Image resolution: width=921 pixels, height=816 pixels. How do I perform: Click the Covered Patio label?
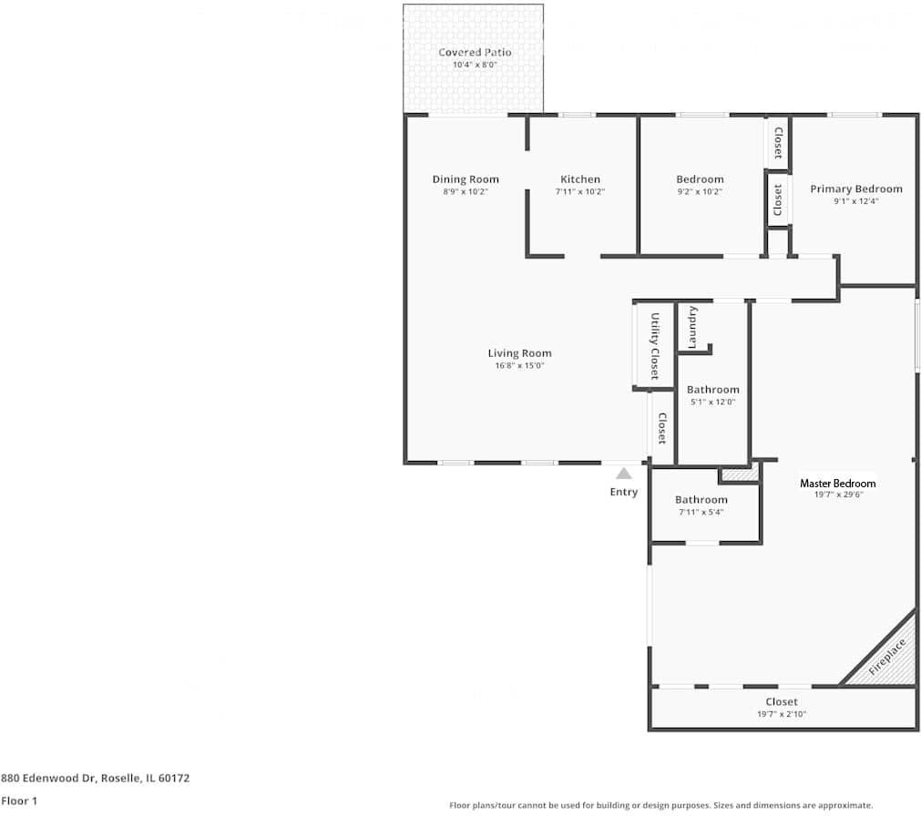click(475, 53)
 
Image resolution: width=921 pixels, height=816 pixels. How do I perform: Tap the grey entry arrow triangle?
click(624, 473)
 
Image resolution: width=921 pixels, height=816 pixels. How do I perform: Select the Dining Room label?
click(466, 179)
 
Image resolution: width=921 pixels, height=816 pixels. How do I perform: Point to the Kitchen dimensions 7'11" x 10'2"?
click(580, 192)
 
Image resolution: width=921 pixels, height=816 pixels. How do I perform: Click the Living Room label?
click(519, 353)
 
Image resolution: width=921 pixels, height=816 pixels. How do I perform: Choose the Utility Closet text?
click(654, 346)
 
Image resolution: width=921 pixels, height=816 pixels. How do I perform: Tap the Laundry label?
click(693, 327)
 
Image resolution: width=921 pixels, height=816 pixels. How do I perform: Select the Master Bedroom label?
click(837, 484)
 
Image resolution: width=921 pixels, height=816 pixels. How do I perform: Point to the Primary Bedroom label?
click(856, 189)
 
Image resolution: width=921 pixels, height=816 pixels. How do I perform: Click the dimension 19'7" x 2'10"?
click(782, 714)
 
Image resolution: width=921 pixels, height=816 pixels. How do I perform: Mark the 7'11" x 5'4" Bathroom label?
click(701, 500)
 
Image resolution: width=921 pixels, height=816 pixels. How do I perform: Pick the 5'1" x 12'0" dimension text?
click(712, 402)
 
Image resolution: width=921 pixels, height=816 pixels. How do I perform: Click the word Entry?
click(624, 492)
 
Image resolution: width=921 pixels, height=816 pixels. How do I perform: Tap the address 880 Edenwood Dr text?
click(96, 779)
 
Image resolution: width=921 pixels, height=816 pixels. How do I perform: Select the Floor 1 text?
click(19, 801)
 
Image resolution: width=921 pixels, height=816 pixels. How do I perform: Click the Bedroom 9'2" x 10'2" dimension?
click(700, 192)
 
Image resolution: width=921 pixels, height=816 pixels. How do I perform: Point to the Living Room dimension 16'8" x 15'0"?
click(519, 366)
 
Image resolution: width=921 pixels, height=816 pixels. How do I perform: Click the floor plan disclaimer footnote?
click(660, 805)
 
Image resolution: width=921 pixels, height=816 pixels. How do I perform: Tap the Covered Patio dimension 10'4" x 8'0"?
click(475, 66)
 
